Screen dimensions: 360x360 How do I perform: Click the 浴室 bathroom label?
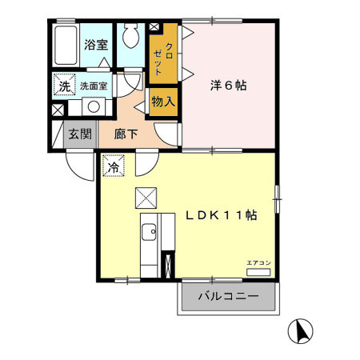point(97,46)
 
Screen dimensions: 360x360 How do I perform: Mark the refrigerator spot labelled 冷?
point(114,168)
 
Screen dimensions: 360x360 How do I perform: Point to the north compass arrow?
point(302,330)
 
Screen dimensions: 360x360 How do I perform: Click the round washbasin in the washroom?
point(93,106)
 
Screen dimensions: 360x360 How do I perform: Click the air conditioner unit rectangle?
point(258,272)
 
